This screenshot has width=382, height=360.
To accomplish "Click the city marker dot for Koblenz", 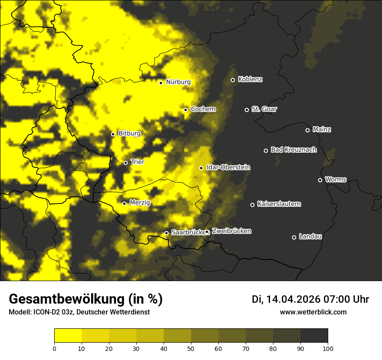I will (233, 80).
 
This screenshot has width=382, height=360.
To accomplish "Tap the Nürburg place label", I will (178, 82).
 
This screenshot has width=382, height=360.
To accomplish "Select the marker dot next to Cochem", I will (185, 110).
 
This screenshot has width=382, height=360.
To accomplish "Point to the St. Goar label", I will (264, 109).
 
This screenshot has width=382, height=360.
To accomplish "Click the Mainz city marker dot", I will (307, 130).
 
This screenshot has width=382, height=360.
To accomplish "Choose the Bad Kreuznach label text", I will (293, 150).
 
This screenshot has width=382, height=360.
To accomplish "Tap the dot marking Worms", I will (320, 180).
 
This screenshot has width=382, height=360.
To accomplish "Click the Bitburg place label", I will (129, 134).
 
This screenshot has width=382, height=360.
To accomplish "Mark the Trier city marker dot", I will (125, 163).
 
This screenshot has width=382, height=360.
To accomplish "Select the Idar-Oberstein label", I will (228, 167).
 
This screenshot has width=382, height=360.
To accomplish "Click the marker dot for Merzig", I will (124, 203).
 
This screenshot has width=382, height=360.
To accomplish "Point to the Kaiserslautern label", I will (279, 204).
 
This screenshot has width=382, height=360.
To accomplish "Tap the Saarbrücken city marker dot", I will (166, 233).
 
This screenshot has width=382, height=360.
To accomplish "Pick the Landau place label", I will (310, 236).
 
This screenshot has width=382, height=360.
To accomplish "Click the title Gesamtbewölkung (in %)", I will (86, 299).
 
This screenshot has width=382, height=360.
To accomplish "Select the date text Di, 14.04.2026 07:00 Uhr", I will (310, 299).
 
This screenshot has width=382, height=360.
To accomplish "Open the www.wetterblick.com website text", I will (313, 312).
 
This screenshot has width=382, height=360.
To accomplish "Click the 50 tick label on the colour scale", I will (191, 348).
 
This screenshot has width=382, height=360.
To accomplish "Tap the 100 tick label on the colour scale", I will (328, 348).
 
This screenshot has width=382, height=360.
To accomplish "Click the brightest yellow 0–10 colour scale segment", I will (68, 336).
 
